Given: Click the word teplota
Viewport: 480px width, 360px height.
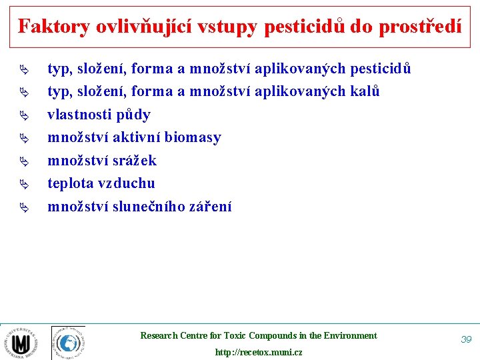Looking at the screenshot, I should [x=70, y=183].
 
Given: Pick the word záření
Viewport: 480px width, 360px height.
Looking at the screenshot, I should [x=210, y=207].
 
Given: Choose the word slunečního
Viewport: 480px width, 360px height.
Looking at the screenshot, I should [x=145, y=207].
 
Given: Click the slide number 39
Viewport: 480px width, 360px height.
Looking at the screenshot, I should [x=466, y=339].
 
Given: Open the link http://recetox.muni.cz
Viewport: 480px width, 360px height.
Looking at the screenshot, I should [x=259, y=352].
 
